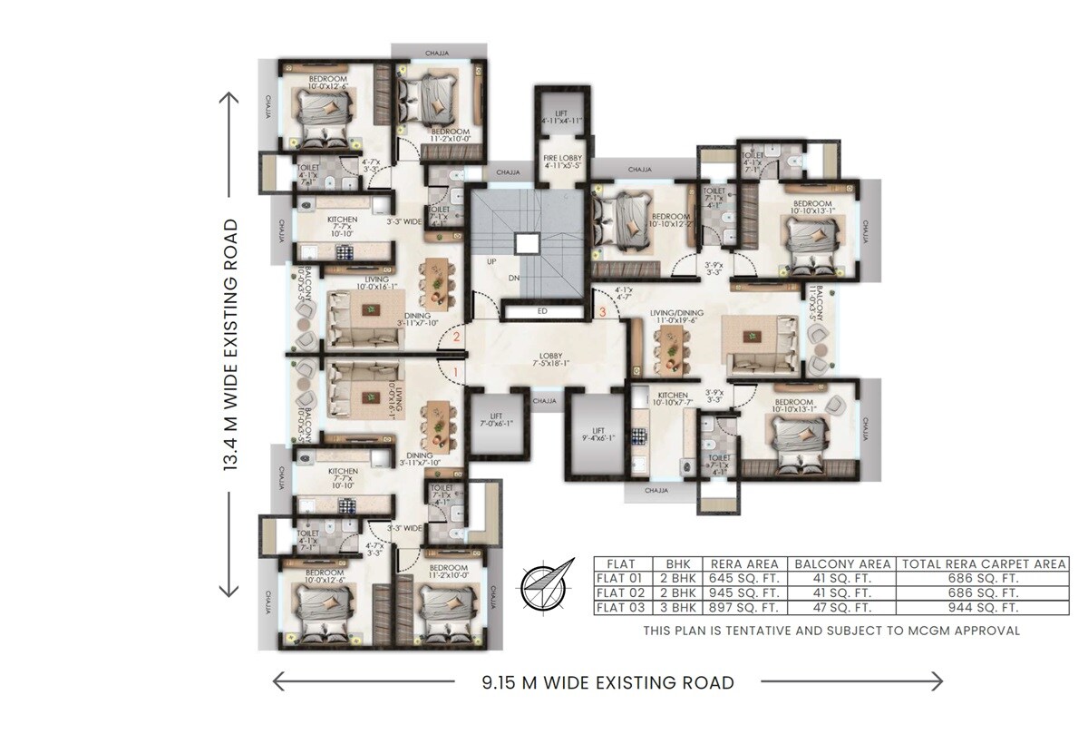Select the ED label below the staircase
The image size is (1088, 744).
tap(542, 312)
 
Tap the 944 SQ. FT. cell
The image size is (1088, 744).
tap(983, 608)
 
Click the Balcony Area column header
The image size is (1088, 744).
tap(842, 563)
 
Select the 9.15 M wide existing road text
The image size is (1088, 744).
tap(607, 682)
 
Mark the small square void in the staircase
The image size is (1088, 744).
tap(526, 243)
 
